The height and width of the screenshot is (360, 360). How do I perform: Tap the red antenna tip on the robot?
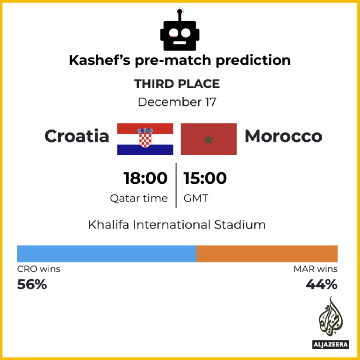(x=179, y=10)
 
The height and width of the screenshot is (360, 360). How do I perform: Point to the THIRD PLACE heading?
(x=177, y=84)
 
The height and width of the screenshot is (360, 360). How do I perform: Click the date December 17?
(x=177, y=102)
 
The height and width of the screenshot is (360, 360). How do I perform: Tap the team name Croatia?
(x=77, y=136)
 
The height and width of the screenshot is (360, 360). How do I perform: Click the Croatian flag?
(x=145, y=139)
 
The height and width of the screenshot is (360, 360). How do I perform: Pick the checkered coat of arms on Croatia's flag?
(x=145, y=138)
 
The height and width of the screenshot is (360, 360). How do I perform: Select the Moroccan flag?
(x=209, y=139)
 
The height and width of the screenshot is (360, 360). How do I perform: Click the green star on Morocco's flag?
(x=209, y=139)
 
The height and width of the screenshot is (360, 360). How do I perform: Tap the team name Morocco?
(x=283, y=136)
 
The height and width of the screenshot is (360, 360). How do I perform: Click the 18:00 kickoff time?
(x=145, y=178)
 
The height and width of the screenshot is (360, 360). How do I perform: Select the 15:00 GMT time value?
(x=205, y=178)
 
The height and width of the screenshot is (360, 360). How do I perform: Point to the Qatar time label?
(x=139, y=198)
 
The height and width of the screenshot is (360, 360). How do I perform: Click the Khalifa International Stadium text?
(x=177, y=225)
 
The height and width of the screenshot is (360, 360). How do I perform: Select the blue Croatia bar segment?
(x=107, y=253)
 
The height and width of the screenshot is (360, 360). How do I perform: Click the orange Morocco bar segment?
(x=267, y=253)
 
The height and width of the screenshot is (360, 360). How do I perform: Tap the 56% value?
(x=32, y=284)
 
